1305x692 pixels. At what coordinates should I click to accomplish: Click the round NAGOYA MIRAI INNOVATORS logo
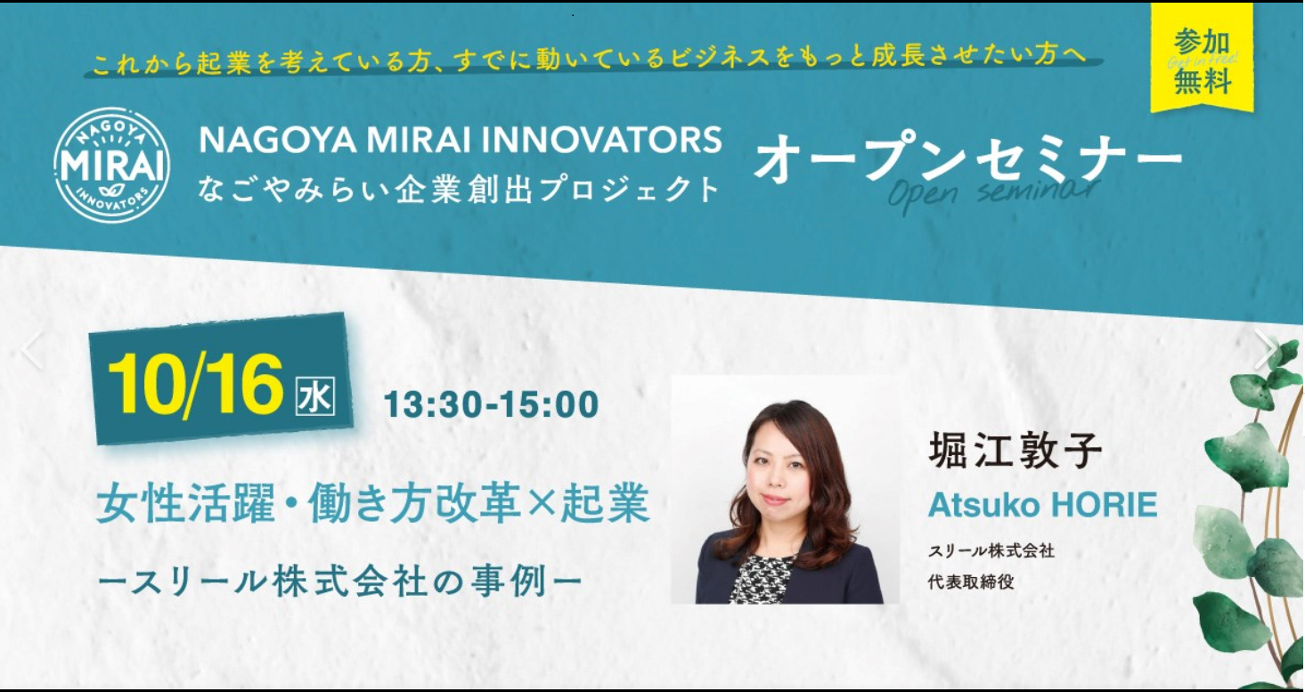click(112, 165)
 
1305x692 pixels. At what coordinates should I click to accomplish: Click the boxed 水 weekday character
click(314, 396)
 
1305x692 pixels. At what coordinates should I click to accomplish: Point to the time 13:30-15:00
click(491, 404)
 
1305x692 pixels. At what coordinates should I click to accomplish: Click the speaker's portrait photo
click(786, 489)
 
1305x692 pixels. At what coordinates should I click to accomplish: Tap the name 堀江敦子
click(1015, 450)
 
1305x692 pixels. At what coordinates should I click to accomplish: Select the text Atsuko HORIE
click(1042, 504)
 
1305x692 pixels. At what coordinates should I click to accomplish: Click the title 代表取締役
click(971, 582)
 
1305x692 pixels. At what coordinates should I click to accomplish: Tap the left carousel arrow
click(32, 349)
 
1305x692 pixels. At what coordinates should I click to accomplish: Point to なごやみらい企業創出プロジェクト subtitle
click(459, 190)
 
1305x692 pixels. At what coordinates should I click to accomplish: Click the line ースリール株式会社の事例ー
click(340, 582)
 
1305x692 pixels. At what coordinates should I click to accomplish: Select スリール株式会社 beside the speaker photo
click(991, 551)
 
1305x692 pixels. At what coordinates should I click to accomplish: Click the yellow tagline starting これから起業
click(590, 59)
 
